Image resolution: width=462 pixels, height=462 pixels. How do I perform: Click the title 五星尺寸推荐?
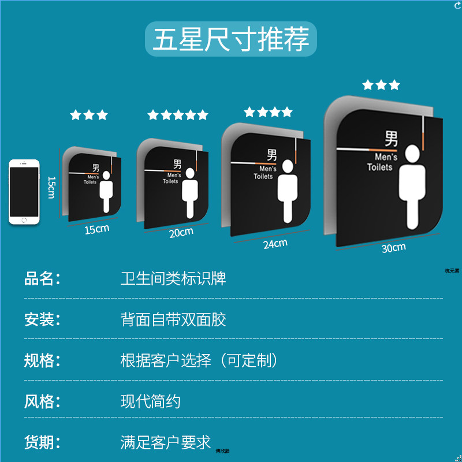(x=231, y=39)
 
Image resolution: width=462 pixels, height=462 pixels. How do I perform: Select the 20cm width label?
(x=181, y=232)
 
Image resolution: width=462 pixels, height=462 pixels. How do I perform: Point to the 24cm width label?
(x=275, y=244)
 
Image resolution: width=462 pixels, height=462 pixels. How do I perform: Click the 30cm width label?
(x=394, y=248)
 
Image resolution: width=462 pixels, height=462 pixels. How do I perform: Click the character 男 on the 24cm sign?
(x=271, y=155)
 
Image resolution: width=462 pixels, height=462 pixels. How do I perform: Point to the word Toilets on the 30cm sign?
(x=379, y=167)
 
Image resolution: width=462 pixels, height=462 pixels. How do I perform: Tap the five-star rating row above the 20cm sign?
(x=178, y=115)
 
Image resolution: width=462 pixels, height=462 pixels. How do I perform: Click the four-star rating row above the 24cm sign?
(x=268, y=112)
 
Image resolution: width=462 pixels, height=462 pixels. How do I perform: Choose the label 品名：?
(x=42, y=278)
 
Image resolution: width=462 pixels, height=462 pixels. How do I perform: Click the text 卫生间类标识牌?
(x=173, y=278)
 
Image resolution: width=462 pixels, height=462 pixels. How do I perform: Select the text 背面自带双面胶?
(x=173, y=319)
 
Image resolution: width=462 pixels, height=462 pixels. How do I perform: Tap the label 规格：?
(x=42, y=360)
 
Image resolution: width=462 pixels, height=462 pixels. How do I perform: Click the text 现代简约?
(x=151, y=401)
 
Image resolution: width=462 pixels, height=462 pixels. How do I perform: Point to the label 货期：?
(x=42, y=442)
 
